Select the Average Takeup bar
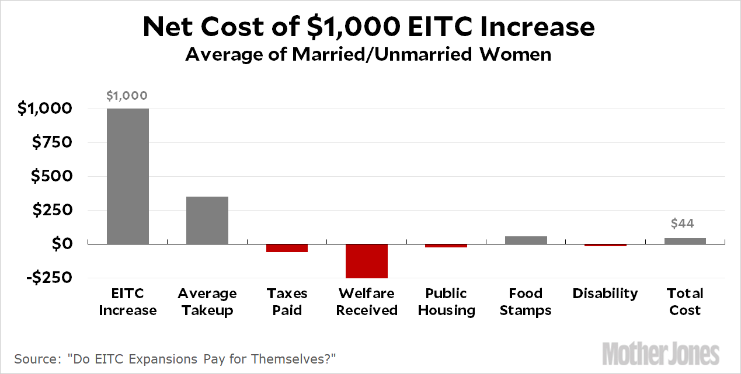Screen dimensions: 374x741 (207, 220)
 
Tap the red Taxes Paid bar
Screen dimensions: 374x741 (287, 248)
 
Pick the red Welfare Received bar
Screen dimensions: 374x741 (367, 261)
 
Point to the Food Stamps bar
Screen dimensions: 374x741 (526, 240)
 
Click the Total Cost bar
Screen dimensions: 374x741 (685, 241)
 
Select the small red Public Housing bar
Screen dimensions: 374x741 (446, 246)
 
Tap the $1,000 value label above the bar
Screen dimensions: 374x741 (127, 96)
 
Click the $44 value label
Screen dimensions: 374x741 (682, 223)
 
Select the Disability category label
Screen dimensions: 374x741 (605, 293)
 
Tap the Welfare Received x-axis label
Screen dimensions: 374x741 (367, 302)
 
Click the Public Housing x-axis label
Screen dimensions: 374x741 (446, 302)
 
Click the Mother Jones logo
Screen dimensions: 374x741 (661, 353)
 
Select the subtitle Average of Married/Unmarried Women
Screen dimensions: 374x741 (368, 55)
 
